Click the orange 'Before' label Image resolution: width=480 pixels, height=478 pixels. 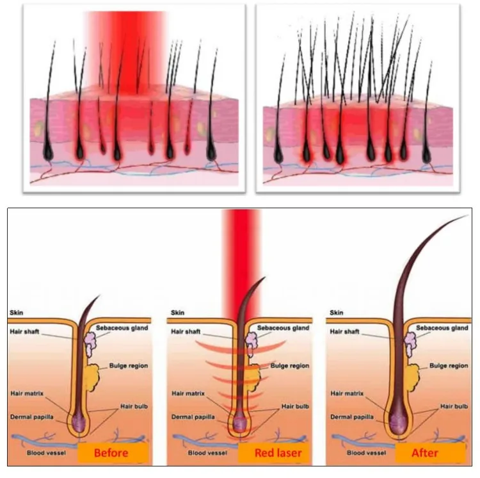(111, 453)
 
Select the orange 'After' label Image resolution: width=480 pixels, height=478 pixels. (425, 453)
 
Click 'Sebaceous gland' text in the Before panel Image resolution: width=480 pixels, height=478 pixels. (122, 328)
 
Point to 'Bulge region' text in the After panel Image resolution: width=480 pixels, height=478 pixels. (448, 366)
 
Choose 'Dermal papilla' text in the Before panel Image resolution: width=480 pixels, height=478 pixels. (32, 416)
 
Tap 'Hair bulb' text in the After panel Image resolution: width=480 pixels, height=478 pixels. (454, 406)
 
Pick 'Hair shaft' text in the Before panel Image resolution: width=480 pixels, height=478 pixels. (26, 332)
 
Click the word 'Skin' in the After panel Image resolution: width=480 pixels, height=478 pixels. (336, 313)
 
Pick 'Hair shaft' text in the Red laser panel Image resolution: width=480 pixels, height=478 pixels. (186, 332)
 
